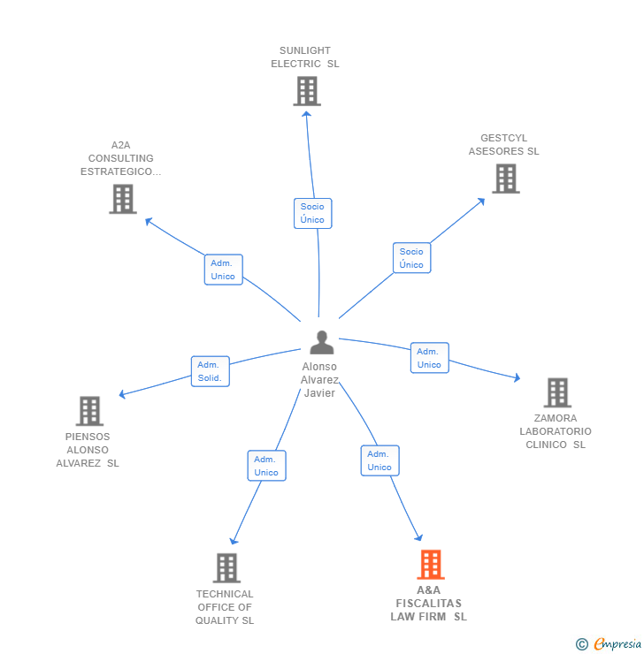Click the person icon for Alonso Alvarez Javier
322,342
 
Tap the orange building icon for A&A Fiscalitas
431,564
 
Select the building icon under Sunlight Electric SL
306,91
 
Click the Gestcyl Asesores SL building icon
505,179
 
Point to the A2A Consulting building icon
123,199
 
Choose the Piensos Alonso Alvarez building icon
89,411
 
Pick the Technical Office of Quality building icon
226,567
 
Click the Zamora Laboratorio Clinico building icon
556,392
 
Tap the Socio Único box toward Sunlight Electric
312,213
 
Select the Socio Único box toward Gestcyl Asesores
411,258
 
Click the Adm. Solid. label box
210,371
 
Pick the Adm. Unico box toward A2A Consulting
223,270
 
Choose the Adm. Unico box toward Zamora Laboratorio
429,358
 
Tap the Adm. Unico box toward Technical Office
266,466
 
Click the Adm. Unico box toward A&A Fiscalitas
379,460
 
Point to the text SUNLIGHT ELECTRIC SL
305,57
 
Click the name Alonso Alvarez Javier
319,380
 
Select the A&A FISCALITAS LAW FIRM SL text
429,604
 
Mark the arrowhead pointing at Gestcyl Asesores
481,201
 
